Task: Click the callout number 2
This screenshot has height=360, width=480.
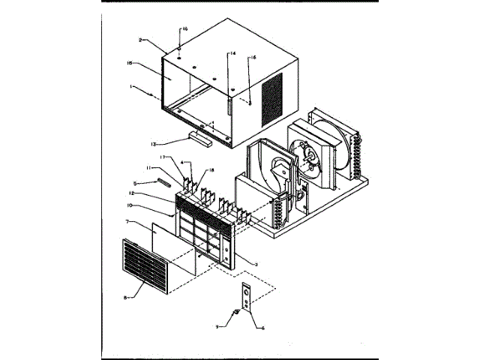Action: [x=140, y=39]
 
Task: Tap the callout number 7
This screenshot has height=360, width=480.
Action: [x=129, y=222]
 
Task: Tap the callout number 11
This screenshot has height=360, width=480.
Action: [x=150, y=168]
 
